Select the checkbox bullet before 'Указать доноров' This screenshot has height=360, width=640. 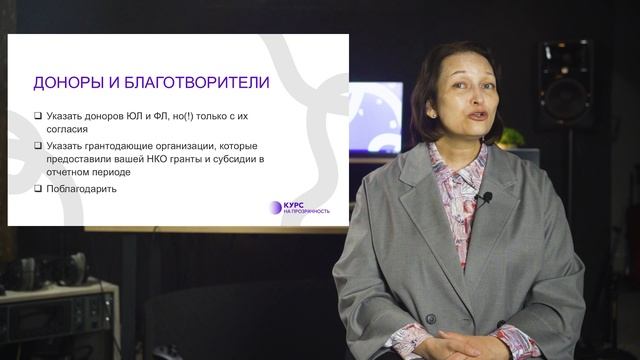(x=37, y=116)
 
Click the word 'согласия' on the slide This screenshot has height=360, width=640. (x=69, y=129)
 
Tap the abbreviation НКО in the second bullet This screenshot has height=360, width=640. (x=167, y=158)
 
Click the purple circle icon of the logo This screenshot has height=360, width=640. (x=276, y=207)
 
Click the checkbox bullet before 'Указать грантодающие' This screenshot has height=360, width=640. (x=37, y=145)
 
